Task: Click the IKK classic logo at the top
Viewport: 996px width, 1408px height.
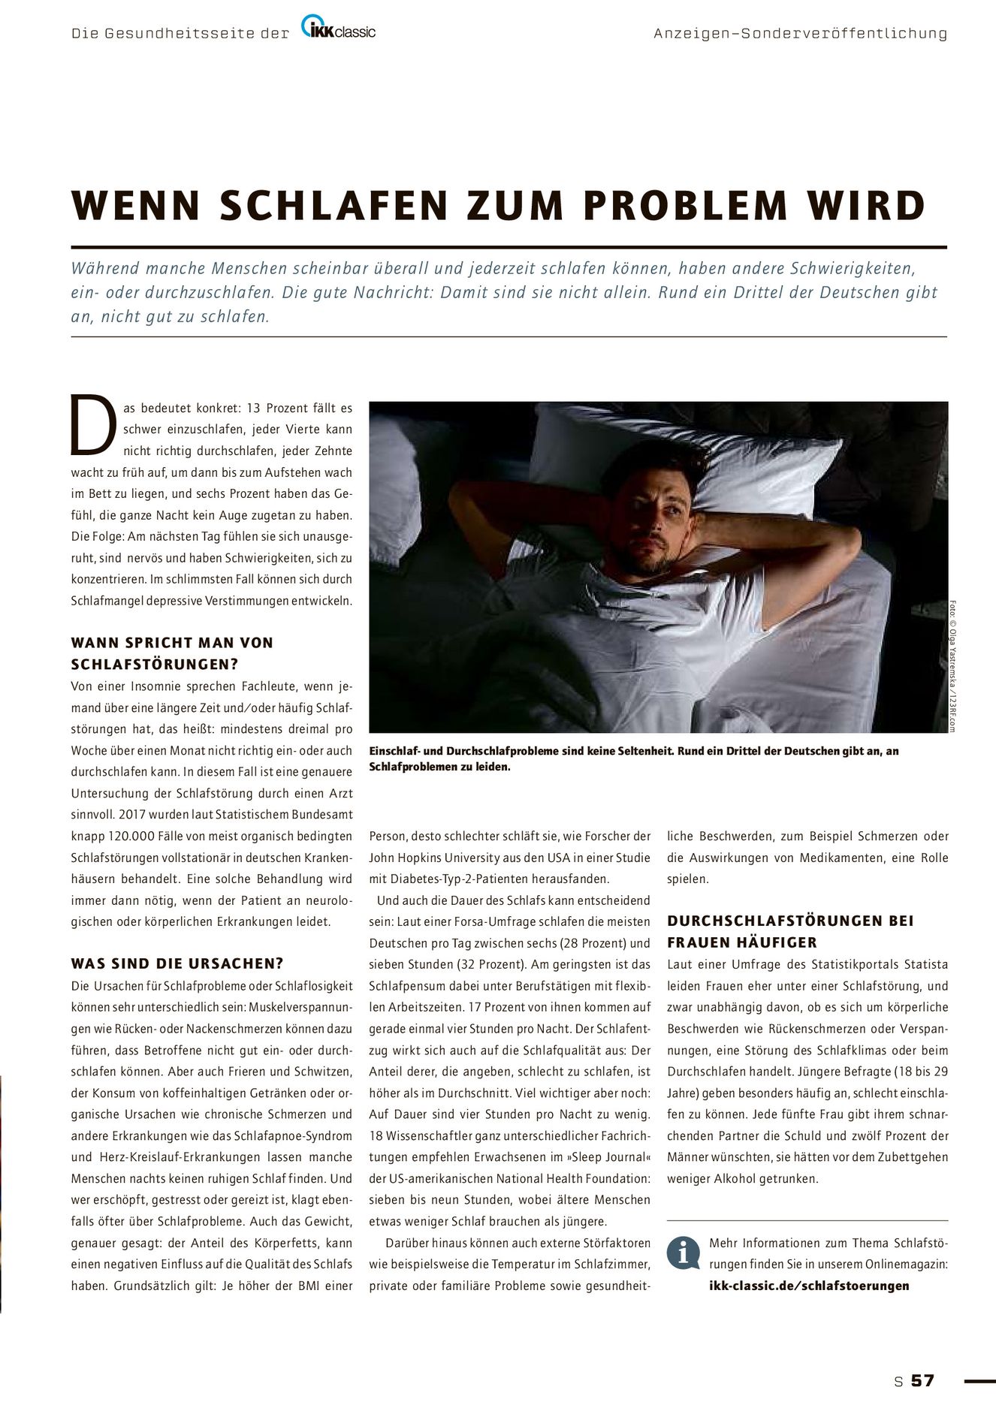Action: click(339, 30)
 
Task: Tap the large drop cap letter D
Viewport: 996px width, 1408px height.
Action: click(93, 425)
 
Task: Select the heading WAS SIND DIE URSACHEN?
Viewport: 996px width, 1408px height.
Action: click(177, 963)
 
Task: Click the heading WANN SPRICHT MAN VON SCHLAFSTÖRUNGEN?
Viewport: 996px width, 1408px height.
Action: click(172, 653)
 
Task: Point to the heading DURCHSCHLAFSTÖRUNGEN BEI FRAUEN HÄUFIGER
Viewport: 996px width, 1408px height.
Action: click(790, 931)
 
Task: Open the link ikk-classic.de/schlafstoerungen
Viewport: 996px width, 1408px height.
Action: click(809, 1285)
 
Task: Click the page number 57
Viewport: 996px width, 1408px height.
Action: click(922, 1380)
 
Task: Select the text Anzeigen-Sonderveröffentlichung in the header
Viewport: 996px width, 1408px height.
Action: click(800, 34)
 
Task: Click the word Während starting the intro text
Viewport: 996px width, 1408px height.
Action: click(101, 269)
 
